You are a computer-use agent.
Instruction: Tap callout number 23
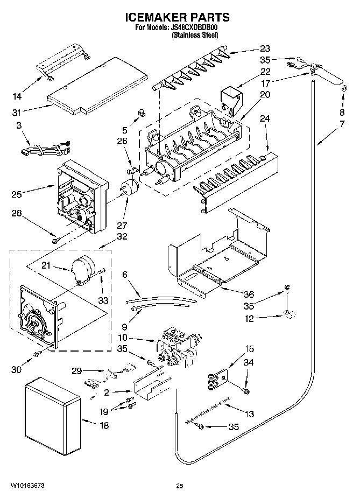(x=265, y=48)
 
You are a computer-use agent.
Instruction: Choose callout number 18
(x=103, y=426)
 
